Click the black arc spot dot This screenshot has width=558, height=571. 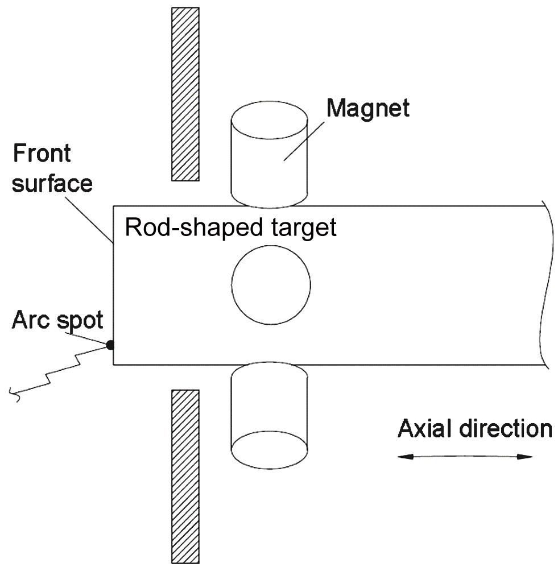[110, 345]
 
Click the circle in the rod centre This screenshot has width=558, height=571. [271, 285]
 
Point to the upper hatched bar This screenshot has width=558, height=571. [185, 94]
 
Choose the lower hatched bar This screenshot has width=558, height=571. [185, 475]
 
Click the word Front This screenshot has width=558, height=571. [42, 154]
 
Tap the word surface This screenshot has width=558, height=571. [52, 183]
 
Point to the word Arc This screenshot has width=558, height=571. [31, 320]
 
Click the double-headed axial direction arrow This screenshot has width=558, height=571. [465, 456]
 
